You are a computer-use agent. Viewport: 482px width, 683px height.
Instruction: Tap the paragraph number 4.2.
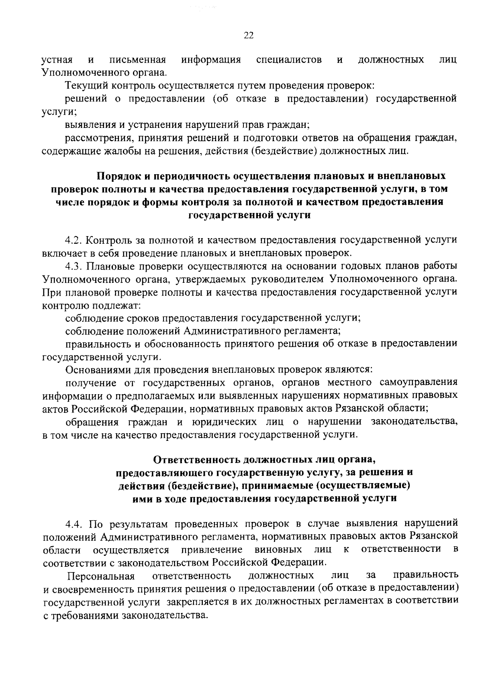pyautogui.click(x=74, y=240)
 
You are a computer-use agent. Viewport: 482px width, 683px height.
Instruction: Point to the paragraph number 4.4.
pyautogui.click(x=74, y=523)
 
